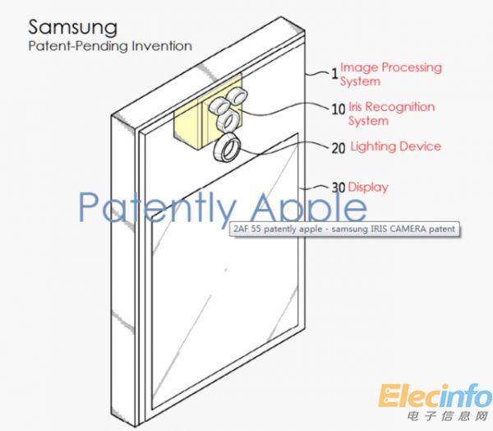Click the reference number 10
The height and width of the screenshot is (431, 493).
tap(337, 108)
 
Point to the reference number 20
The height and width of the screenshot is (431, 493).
tap(338, 149)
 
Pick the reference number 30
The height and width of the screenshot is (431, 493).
tap(338, 187)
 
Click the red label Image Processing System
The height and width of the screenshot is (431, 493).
tap(390, 74)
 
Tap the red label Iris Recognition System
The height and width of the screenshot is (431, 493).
tap(391, 114)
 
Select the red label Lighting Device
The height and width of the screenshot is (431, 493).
tap(396, 146)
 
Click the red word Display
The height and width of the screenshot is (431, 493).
tap(367, 187)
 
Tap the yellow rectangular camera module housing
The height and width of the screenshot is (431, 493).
tap(188, 123)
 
